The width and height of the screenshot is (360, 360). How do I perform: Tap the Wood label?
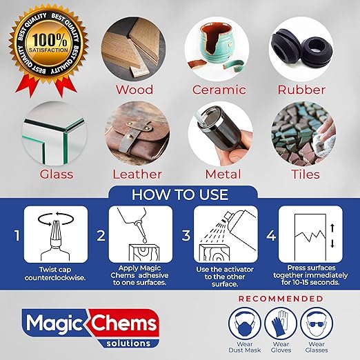(134, 90)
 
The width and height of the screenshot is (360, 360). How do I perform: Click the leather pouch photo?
(134, 132)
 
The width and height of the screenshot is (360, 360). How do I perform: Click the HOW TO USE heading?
(179, 195)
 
